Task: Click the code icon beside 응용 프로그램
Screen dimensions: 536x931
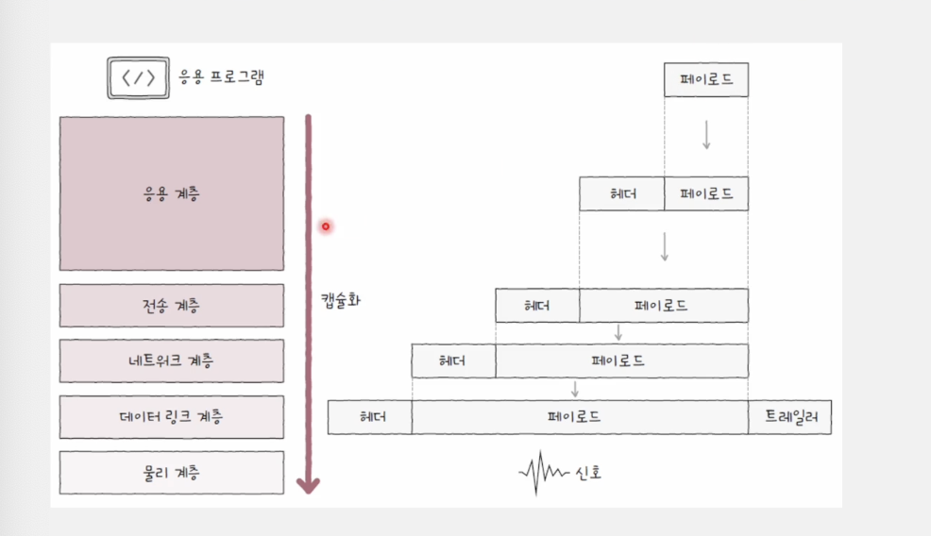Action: pos(136,78)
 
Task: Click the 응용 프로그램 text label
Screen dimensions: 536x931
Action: pos(222,77)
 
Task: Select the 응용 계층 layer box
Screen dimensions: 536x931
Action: pos(171,193)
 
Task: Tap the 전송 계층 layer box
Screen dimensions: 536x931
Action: pos(171,306)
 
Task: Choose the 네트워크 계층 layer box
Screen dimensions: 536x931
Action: pos(171,360)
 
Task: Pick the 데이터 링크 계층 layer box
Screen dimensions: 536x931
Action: pos(171,416)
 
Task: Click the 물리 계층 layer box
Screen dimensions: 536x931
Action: pos(171,472)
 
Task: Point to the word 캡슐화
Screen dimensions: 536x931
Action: pos(340,301)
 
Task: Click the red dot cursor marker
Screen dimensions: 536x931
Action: pos(326,226)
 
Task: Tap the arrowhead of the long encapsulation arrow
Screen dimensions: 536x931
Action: pos(308,485)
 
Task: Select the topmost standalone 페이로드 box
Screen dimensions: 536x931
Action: pos(705,79)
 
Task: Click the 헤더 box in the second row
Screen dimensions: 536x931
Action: pos(621,193)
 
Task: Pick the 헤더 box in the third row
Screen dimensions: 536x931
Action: pos(537,306)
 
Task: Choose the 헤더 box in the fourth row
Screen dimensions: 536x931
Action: pos(453,360)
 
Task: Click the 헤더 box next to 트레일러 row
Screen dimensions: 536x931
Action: pos(369,416)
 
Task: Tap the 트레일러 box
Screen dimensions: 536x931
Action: pos(789,416)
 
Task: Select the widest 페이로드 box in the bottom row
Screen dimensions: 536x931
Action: pos(580,416)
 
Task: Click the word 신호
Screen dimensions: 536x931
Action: pos(587,472)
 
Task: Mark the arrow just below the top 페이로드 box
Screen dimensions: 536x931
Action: pos(705,135)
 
